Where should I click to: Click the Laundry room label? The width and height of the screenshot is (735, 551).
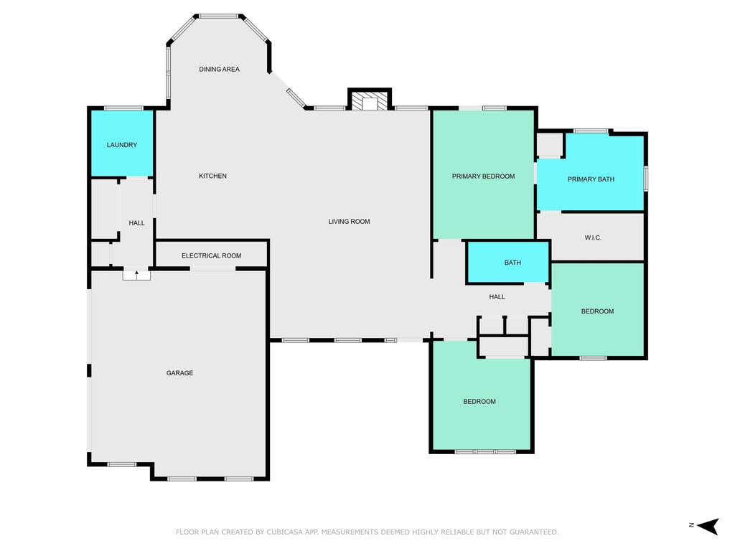122,145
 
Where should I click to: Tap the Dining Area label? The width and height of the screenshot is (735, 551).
219,70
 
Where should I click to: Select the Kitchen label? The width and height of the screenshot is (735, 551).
212,176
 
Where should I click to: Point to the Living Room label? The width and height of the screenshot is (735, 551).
349,221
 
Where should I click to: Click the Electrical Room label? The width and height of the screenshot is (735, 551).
212,255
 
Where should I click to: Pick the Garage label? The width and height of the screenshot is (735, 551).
179,373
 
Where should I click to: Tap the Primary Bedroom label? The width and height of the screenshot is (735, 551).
483,176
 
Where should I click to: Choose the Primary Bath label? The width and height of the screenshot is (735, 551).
591,179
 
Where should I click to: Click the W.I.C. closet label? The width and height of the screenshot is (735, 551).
593,237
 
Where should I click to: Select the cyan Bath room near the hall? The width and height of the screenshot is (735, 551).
508,263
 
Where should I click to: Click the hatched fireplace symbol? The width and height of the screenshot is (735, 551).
370,101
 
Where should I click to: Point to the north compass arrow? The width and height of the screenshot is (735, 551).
708,526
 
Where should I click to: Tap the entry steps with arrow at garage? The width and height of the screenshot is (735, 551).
136,275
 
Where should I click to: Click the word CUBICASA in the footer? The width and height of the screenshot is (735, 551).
286,532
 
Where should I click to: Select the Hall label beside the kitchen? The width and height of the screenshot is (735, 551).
136,223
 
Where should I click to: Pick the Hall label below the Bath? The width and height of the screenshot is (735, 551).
497,296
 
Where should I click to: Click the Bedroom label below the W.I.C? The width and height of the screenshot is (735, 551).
597,311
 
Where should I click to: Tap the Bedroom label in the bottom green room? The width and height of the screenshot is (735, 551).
479,402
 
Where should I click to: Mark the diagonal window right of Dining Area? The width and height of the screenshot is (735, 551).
296,98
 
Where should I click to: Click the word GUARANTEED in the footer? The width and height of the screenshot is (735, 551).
534,532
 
